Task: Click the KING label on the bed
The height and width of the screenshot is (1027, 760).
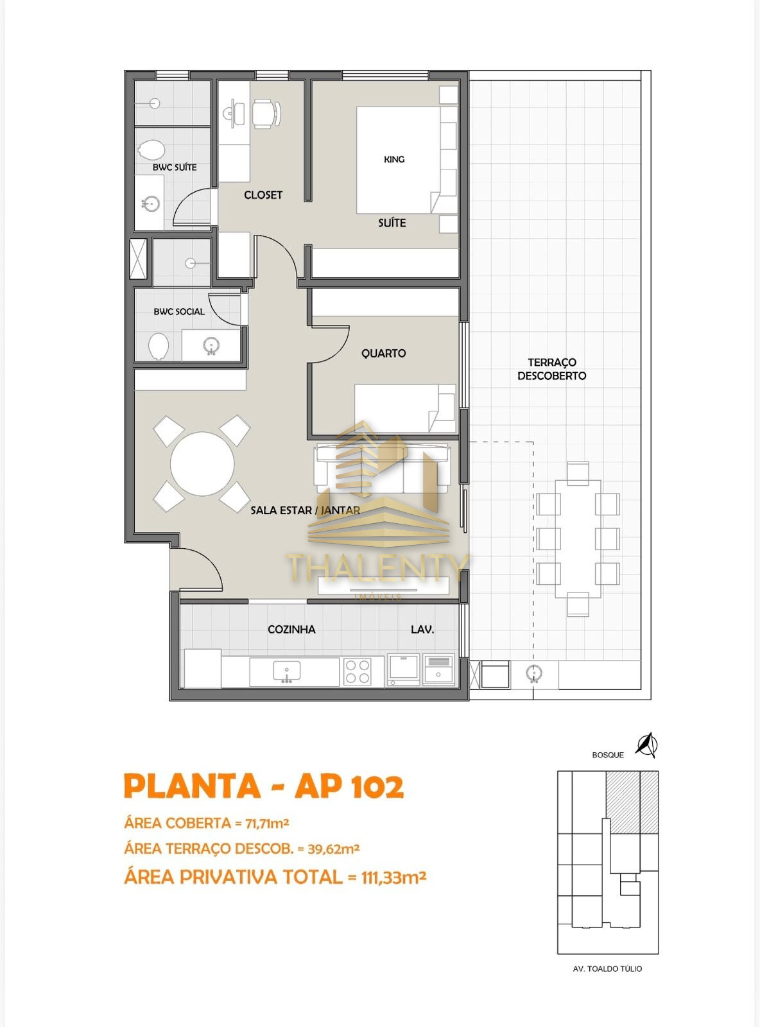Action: (x=394, y=159)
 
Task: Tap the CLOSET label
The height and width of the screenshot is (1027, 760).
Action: (x=263, y=195)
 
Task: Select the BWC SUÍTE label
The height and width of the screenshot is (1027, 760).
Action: (x=175, y=167)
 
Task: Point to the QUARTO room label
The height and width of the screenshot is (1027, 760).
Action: (x=383, y=353)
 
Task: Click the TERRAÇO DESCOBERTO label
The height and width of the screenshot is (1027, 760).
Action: (x=551, y=369)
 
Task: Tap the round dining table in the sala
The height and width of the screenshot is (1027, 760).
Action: (x=202, y=463)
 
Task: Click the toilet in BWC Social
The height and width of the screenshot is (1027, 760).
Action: (x=159, y=346)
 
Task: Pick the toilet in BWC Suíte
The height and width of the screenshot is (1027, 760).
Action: (x=151, y=150)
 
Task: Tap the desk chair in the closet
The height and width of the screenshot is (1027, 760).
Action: (x=266, y=114)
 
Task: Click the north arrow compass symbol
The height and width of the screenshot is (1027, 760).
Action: (x=646, y=745)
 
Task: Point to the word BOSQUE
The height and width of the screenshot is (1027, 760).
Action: (x=608, y=755)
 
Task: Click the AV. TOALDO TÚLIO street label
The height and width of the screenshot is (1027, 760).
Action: (x=607, y=969)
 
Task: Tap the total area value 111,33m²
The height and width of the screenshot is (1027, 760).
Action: (x=393, y=877)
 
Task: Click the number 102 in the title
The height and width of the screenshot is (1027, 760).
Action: (x=377, y=787)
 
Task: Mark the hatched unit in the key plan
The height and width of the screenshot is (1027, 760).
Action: (x=632, y=802)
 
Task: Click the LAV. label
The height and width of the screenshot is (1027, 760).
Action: (x=422, y=629)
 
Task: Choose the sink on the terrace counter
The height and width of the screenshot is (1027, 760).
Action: (x=534, y=674)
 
